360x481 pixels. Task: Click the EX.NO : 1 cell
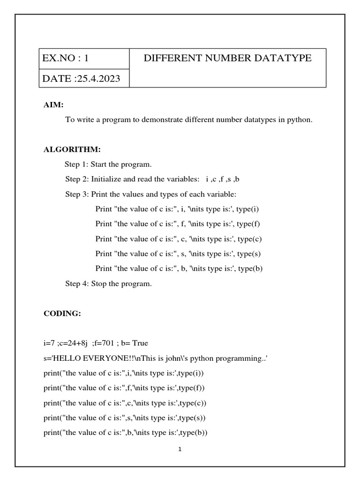65,59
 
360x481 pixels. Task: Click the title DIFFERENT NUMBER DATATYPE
227,58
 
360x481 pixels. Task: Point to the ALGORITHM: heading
72,149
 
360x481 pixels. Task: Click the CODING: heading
62,314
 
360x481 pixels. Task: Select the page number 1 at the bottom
180,449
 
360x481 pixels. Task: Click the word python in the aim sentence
300,119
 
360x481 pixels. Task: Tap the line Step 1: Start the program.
108,164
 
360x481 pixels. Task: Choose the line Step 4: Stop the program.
109,283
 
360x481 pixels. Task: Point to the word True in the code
140,343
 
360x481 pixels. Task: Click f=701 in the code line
103,343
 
